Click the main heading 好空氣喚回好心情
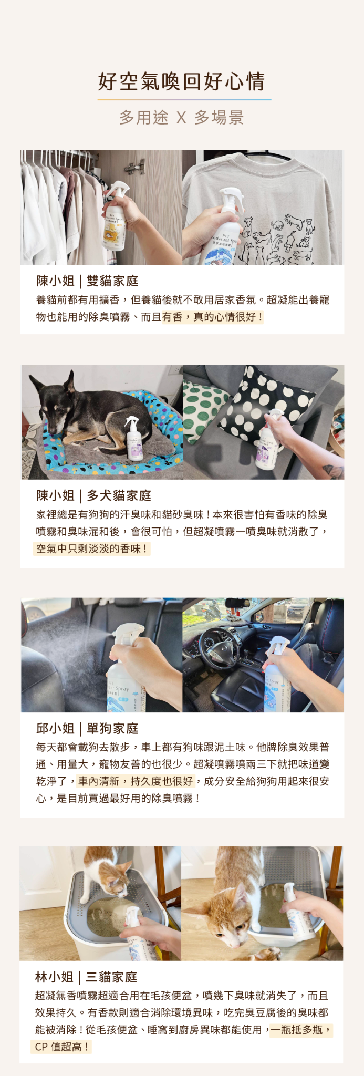tap(182, 81)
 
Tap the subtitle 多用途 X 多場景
tap(182, 117)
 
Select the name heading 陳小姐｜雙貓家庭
tap(87, 281)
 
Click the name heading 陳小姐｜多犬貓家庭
tap(93, 495)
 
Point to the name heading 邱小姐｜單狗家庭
tap(87, 728)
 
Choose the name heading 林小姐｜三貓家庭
tap(86, 977)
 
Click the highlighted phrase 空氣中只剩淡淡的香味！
tap(92, 549)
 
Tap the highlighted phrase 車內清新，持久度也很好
tap(136, 781)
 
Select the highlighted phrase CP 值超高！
tap(62, 1047)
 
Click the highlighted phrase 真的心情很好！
tap(227, 317)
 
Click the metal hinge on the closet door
tap(134, 167)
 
